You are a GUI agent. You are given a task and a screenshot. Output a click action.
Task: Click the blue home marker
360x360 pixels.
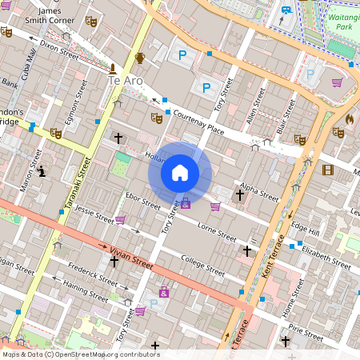[x=180, y=173]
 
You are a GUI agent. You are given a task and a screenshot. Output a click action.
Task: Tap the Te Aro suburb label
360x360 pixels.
[x=126, y=81]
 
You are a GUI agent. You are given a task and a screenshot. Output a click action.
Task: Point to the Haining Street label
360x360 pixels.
[x=87, y=295]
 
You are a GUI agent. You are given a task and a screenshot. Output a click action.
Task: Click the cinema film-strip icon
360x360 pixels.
[x=327, y=169]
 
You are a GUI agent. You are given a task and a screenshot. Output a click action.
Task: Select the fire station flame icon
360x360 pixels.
[x=350, y=118]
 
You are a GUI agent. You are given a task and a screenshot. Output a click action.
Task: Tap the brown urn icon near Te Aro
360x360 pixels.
[x=141, y=57]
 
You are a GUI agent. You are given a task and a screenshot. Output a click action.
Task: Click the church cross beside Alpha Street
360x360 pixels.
[x=240, y=194]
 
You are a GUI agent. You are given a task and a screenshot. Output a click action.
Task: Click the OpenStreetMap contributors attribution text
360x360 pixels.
[x=80, y=354]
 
